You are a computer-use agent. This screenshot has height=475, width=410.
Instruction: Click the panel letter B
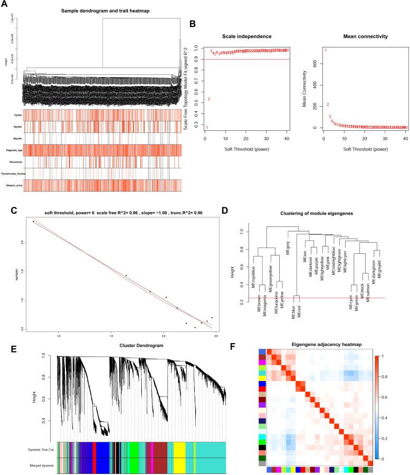[194, 24]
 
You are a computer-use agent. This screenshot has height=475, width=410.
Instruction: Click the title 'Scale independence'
[247, 36]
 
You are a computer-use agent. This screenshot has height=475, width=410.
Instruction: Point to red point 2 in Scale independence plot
[209, 99]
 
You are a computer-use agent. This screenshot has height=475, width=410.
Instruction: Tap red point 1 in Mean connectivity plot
[326, 51]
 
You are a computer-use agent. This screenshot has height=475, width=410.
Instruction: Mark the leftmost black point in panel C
[33, 222]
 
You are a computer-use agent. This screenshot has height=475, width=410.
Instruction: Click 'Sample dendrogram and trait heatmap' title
[102, 11]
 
